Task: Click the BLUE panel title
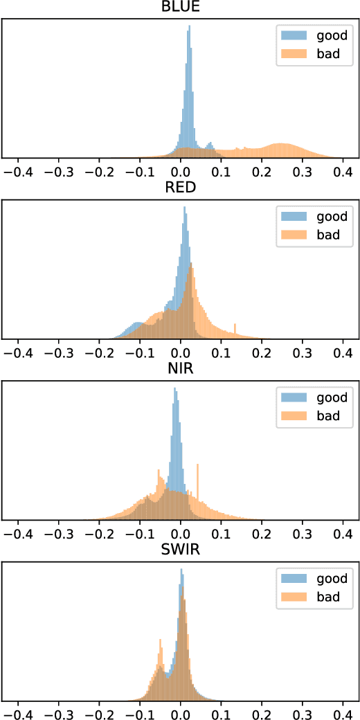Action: tap(180, 8)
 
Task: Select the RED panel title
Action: tap(180, 188)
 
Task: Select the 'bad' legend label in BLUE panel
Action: tap(325, 54)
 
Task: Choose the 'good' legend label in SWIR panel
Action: tap(328, 578)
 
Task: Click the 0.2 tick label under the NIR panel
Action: tap(262, 531)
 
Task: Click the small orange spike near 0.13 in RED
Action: tap(235, 330)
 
